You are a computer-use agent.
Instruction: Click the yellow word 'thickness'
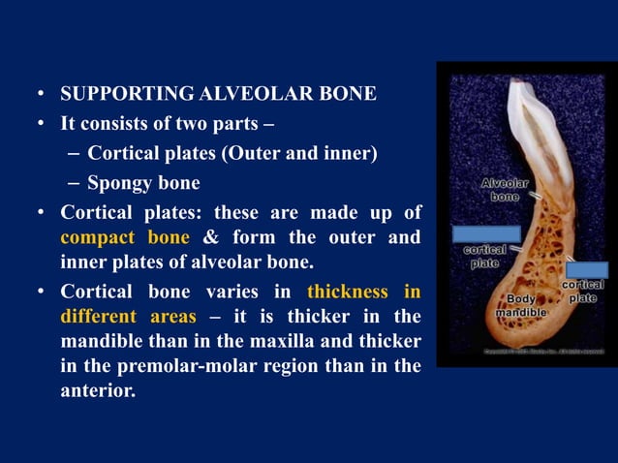(x=349, y=291)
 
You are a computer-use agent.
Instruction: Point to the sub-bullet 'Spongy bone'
(x=143, y=182)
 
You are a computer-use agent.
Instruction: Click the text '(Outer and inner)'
(x=314, y=154)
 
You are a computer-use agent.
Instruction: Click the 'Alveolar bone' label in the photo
(x=504, y=189)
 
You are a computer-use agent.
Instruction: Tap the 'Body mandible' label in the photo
(x=521, y=306)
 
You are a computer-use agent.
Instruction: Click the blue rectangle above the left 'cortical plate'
(x=486, y=234)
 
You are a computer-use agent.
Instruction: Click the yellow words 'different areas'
(x=128, y=317)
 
